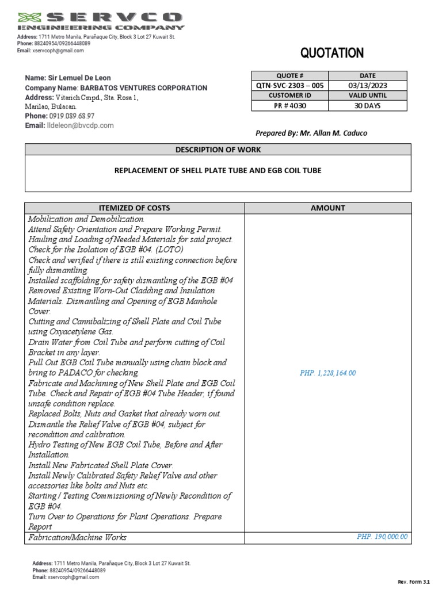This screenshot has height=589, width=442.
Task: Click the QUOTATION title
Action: (x=331, y=53)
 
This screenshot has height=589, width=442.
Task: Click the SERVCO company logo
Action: (x=101, y=21)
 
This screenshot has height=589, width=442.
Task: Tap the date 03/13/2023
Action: (x=367, y=86)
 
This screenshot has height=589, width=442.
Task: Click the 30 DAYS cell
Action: (x=367, y=106)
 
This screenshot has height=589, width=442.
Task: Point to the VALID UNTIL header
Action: (x=367, y=95)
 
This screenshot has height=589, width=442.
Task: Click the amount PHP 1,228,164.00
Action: (x=327, y=373)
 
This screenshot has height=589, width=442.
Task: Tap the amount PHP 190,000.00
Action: (x=382, y=537)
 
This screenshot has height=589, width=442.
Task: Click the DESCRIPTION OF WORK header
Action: (x=218, y=150)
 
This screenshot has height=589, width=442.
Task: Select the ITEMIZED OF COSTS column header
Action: (x=135, y=208)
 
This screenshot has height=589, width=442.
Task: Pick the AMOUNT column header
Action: (x=327, y=208)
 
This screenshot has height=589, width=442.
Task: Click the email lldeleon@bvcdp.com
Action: (x=80, y=125)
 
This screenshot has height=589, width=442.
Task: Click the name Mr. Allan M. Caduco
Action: (x=333, y=133)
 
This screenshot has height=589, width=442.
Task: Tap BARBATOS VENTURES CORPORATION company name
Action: (x=143, y=88)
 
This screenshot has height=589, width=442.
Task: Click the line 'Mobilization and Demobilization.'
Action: (x=87, y=219)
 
